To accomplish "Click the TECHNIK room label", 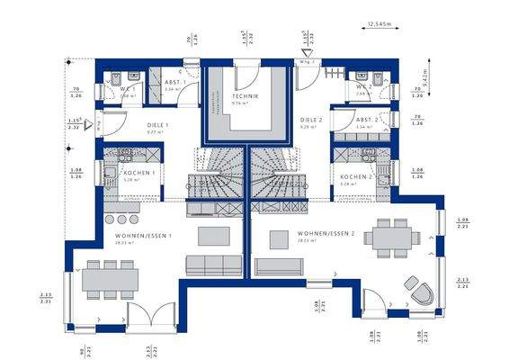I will [x=245, y=96].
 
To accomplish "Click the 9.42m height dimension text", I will [x=425, y=77].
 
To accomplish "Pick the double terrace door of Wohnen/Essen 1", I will [x=146, y=317].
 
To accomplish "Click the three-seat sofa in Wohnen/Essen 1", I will [x=208, y=265].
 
